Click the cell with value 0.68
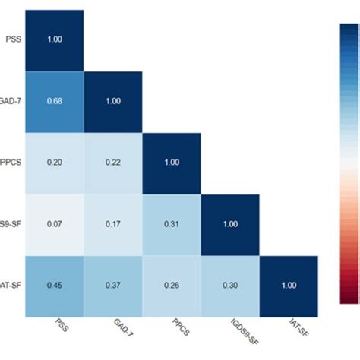55,102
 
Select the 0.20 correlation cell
55,163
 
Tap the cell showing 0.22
113,163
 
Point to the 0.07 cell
55,225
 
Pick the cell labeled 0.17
113,225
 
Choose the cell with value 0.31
172,225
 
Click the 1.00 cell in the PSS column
55,40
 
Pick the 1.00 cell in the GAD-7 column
113,102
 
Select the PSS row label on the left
14,40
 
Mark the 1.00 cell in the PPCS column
172,163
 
